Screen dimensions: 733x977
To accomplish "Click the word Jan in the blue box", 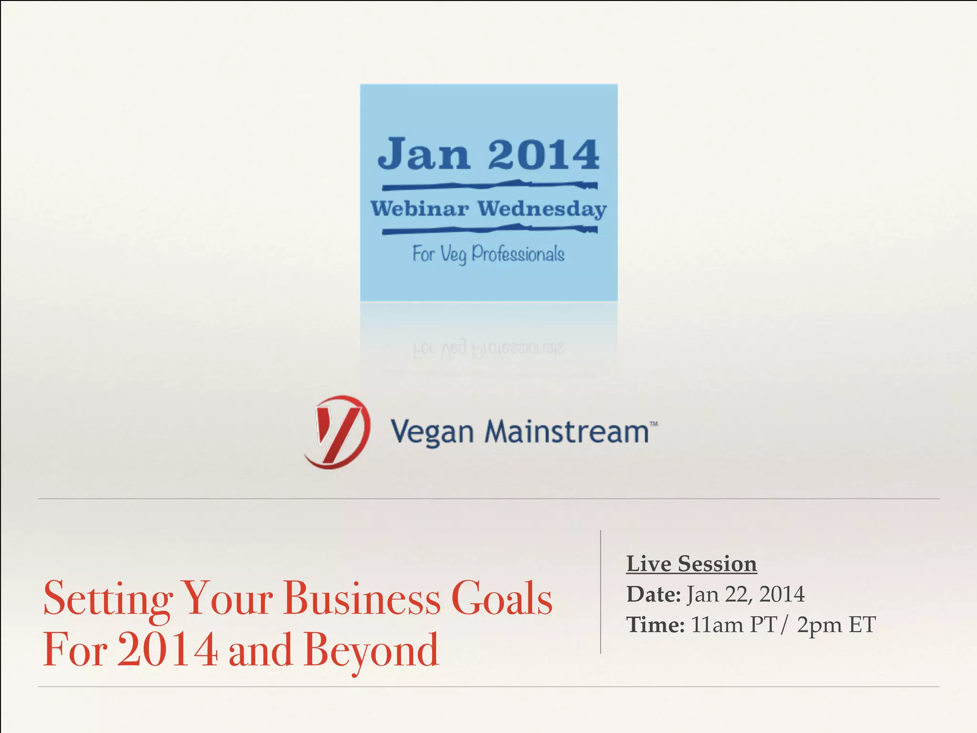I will tap(424, 154).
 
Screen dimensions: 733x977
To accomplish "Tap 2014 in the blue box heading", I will tap(543, 154).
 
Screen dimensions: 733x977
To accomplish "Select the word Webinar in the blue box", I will tap(420, 209).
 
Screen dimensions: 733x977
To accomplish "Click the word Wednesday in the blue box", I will tap(542, 209).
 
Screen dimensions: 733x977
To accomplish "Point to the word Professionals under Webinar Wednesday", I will tap(518, 254).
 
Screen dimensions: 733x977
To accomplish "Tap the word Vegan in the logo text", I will tap(432, 432).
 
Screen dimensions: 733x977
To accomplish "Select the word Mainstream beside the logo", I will tap(567, 431).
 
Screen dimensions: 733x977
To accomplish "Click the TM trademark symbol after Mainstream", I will tap(654, 423).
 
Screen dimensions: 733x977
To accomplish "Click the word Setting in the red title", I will tap(108, 598).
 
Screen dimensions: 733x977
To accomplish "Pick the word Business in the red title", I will tap(362, 598).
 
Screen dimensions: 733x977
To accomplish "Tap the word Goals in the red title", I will tap(501, 598).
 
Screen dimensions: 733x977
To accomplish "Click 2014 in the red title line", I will tap(167, 650).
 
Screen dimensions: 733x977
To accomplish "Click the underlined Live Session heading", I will tap(691, 564).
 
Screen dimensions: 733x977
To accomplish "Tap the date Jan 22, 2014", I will tap(746, 594).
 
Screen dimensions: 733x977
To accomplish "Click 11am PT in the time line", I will tap(734, 625).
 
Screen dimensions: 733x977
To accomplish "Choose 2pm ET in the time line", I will tap(836, 625).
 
